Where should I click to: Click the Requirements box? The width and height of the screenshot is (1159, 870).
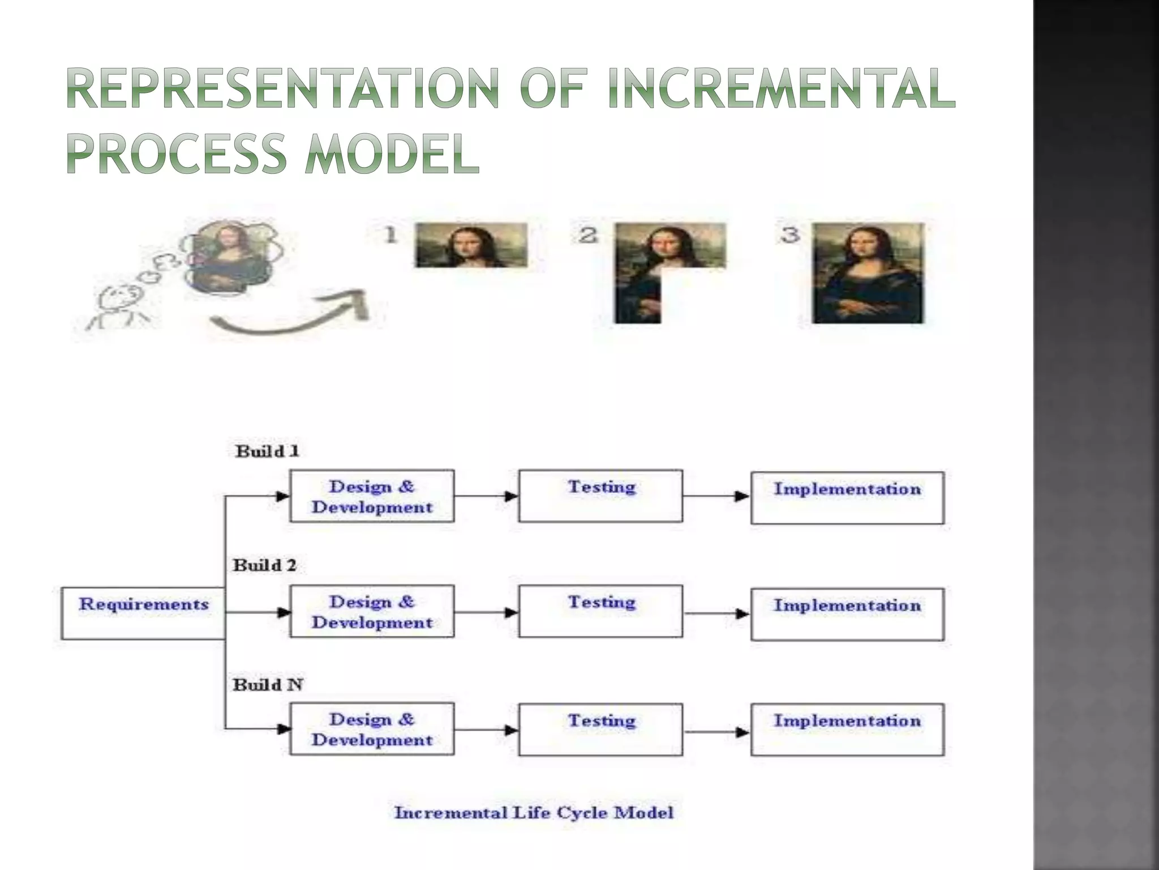pyautogui.click(x=143, y=613)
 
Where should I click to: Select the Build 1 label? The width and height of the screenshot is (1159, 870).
pyautogui.click(x=267, y=451)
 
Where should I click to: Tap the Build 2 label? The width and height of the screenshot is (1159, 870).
pyautogui.click(x=265, y=565)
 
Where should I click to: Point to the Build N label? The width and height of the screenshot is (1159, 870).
pyautogui.click(x=268, y=685)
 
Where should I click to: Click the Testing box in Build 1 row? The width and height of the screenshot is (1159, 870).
pyautogui.click(x=600, y=496)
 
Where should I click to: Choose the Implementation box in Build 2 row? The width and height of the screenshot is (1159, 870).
pyautogui.click(x=847, y=614)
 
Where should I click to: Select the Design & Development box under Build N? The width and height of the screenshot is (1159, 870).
pyautogui.click(x=372, y=729)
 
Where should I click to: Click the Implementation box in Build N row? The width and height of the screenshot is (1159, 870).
pyautogui.click(x=847, y=730)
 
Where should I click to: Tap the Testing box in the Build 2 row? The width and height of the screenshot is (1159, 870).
pyautogui.click(x=600, y=611)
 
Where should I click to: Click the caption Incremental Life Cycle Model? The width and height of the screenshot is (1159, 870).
pyautogui.click(x=534, y=813)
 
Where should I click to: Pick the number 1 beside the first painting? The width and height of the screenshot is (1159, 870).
pyautogui.click(x=390, y=234)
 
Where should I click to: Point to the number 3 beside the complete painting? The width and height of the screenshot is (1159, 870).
pyautogui.click(x=790, y=234)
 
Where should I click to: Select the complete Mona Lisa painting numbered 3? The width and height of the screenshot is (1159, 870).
pyautogui.click(x=868, y=273)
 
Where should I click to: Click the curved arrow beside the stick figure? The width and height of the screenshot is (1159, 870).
pyautogui.click(x=289, y=317)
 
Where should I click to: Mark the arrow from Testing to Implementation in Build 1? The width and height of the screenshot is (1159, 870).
pyautogui.click(x=716, y=496)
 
